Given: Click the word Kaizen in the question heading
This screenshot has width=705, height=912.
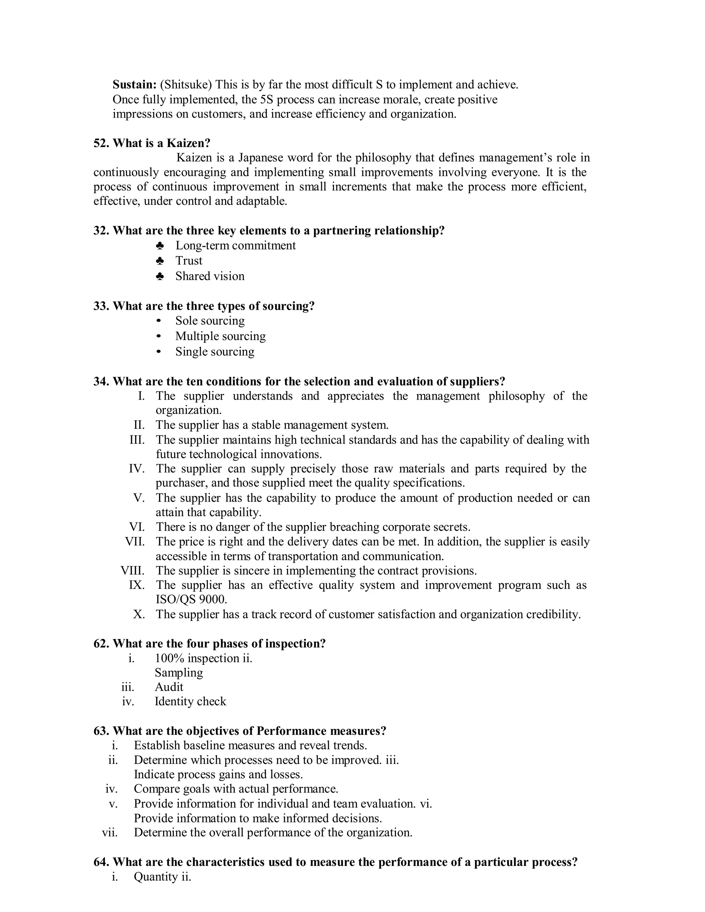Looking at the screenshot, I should [x=188, y=143].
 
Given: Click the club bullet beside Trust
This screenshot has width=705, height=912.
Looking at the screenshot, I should [x=159, y=261].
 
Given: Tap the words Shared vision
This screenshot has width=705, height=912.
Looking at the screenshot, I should [x=210, y=276].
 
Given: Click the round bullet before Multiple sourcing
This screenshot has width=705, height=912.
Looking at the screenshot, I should [x=159, y=336].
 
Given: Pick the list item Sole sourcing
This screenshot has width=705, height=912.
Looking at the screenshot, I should [x=210, y=321].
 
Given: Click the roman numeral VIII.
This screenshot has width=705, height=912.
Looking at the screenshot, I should [x=133, y=571].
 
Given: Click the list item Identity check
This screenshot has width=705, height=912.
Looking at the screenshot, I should [x=190, y=701].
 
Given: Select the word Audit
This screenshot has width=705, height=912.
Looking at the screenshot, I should [x=169, y=687].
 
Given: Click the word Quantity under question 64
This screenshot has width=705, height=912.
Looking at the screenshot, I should [x=155, y=877].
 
